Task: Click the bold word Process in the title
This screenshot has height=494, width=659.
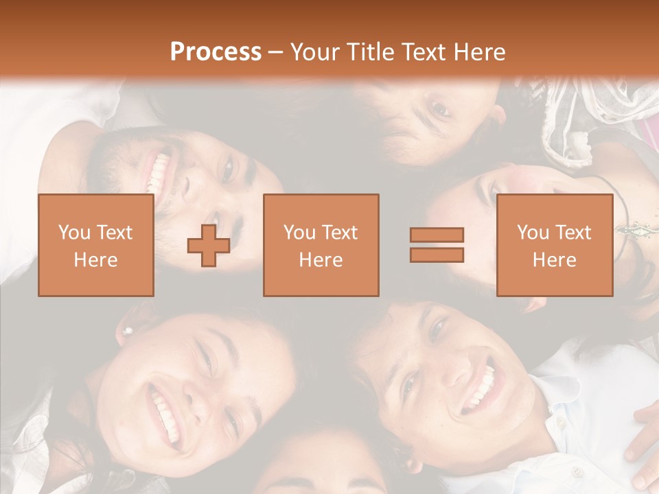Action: pos(216,52)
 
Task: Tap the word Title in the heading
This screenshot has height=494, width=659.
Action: pos(371,52)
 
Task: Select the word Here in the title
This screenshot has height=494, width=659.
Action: pos(478,52)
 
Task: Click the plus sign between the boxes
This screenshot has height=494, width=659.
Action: pos(209,246)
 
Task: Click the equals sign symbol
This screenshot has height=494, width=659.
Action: pos(437,245)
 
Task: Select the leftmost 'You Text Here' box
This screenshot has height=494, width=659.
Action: pos(95,245)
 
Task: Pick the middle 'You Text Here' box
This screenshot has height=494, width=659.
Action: pos(321,245)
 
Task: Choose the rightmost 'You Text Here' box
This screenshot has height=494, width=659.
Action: pos(554,245)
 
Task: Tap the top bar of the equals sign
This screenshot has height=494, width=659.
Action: pos(437,235)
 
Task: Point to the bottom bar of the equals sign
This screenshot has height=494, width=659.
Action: pos(437,255)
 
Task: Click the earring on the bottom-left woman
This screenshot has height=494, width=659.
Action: pos(127,331)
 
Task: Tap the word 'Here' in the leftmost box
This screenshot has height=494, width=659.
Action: pos(95,260)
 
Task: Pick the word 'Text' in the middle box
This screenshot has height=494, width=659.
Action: pos(340,233)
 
